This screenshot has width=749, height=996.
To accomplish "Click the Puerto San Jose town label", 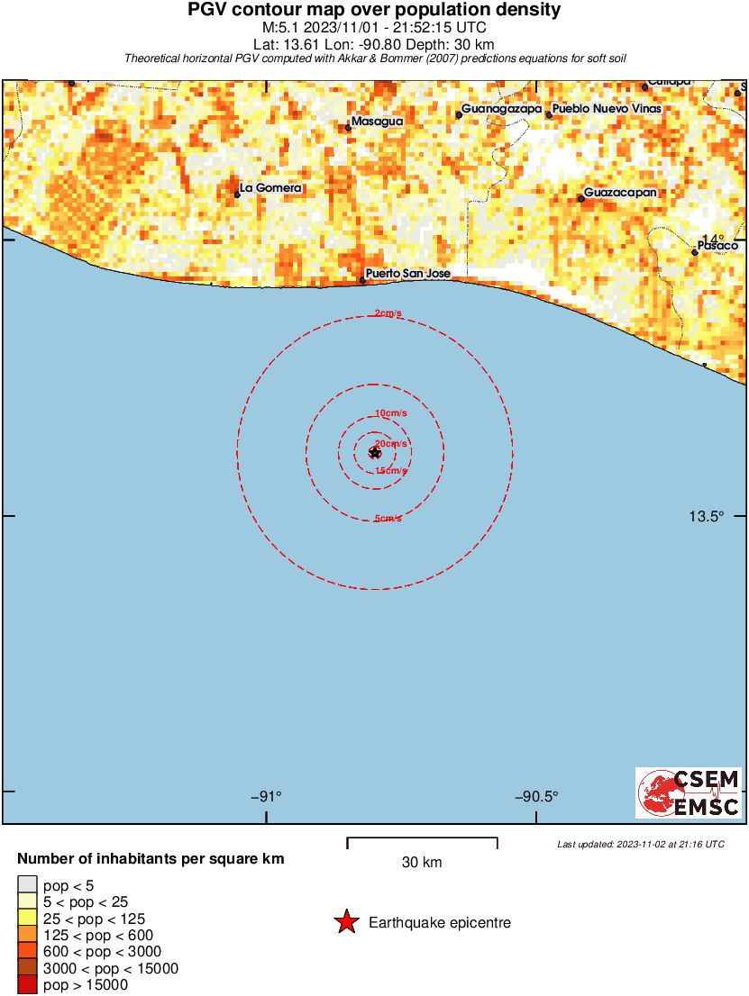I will coord(407,274).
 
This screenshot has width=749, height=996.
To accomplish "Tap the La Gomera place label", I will coord(270,188).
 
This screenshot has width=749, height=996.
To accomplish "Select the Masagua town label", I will coord(378,121).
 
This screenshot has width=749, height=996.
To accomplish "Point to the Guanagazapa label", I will coord(502,109).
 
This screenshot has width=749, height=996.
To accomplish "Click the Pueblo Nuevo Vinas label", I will coord(607,109).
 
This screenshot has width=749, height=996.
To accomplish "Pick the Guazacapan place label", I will coord(620,193).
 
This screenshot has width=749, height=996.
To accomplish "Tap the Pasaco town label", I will coord(718,246).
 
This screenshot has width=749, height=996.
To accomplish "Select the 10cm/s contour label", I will coord(390,413).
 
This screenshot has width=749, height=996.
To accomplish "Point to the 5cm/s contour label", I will coord(388,519).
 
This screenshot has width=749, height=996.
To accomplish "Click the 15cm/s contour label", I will coord(391,471).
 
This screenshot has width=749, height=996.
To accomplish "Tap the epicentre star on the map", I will coord(375,452).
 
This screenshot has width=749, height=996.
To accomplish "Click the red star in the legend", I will coord(345,922).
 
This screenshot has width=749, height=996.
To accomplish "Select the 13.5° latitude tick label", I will coord(706,516).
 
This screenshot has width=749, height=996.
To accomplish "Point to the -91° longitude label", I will coord(266,796).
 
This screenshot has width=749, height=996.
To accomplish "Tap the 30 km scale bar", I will coord(422,843).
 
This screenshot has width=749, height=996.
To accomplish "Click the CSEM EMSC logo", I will coord(689,792).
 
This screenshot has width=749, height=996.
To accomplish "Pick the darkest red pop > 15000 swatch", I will coord(28,985).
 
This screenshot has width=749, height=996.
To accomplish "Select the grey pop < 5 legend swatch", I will coord(28,886).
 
